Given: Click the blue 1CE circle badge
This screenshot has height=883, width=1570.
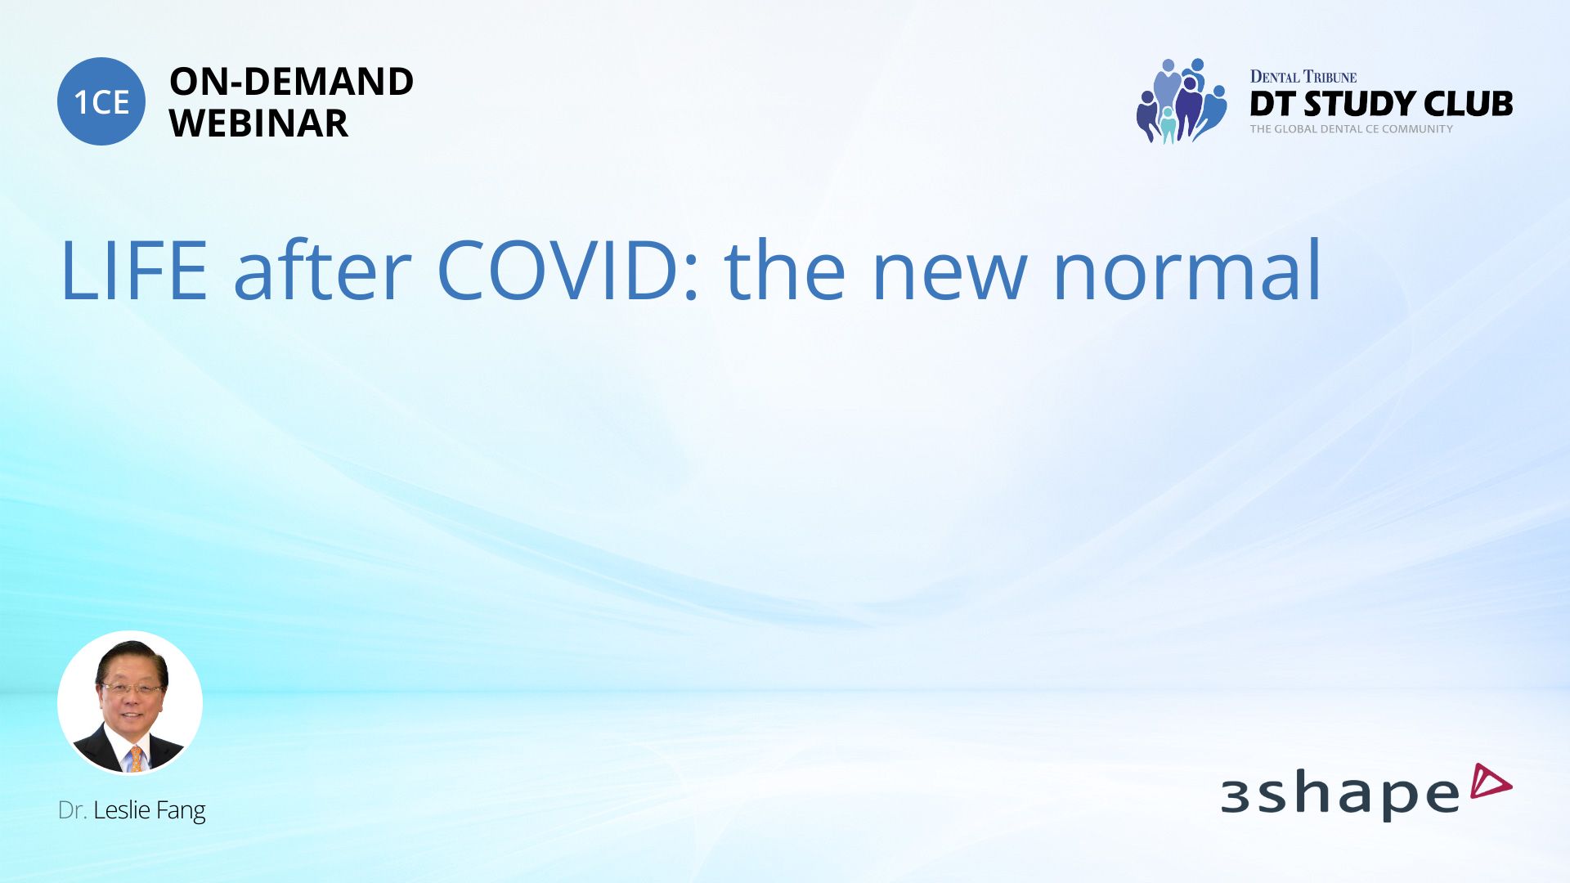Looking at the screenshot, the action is [x=101, y=101].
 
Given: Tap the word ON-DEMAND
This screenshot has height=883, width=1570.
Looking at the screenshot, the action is [x=291, y=82].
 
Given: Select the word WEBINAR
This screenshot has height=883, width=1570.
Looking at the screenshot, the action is [x=258, y=123].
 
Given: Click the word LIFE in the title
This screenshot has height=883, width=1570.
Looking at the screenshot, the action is [x=134, y=271].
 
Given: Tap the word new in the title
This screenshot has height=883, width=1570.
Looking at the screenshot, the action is [x=949, y=278].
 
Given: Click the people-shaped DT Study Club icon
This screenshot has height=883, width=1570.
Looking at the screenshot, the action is [x=1182, y=101].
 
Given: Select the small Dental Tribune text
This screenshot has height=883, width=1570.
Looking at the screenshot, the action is [x=1303, y=77].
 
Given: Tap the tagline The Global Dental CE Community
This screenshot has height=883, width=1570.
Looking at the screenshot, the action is [x=1352, y=129].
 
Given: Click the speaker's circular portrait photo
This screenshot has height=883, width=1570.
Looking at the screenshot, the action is [x=130, y=702].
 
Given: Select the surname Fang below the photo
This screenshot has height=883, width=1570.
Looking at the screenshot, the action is [x=181, y=811].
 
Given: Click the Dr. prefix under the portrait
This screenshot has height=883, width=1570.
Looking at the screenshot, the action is [x=72, y=810].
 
